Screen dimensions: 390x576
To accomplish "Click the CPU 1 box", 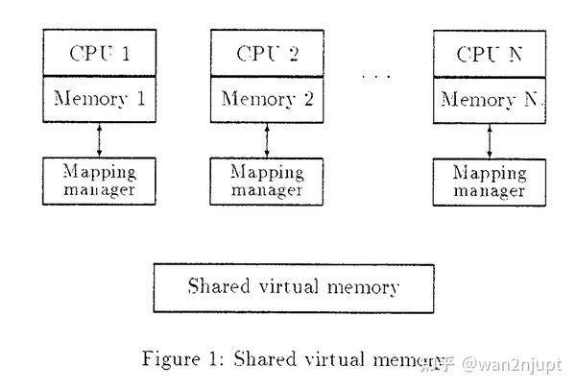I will (x=99, y=53).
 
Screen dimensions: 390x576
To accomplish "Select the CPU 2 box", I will (x=266, y=53).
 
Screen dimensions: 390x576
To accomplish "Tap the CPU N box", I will (x=490, y=53).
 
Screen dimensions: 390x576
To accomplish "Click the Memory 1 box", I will (x=99, y=99).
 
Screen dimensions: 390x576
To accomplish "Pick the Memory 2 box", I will (x=266, y=99).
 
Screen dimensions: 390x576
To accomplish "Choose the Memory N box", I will (x=490, y=99).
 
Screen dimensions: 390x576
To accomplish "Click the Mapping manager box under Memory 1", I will (x=99, y=180).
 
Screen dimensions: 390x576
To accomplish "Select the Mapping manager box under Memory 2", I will (x=266, y=180).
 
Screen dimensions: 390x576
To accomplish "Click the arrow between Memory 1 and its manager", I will (x=100, y=139).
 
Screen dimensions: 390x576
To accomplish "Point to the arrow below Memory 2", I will (x=267, y=139).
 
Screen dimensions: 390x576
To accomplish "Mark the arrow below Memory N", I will (x=491, y=139).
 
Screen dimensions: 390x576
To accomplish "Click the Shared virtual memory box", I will (x=294, y=286).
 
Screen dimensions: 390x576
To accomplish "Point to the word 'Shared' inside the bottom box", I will (x=220, y=286).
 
